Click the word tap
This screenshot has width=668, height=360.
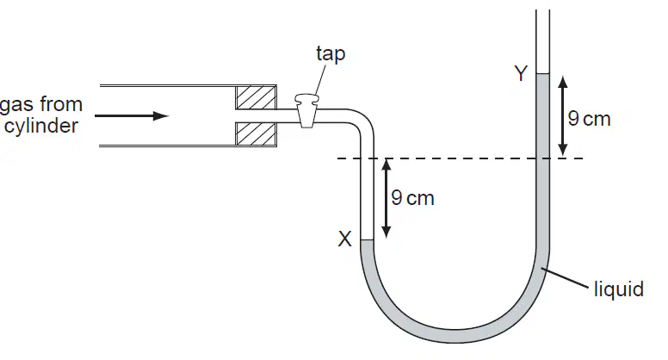pyautogui.click(x=331, y=54)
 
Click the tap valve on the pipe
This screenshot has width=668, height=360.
pyautogui.click(x=306, y=110)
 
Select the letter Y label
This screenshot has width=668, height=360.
pyautogui.click(x=521, y=73)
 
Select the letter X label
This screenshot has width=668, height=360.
pyautogui.click(x=344, y=239)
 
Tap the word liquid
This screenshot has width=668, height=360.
pyautogui.click(x=619, y=289)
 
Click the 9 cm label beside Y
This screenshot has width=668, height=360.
pyautogui.click(x=589, y=119)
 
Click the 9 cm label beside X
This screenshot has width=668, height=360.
pyautogui.click(x=412, y=198)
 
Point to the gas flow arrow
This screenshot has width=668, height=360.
pyautogui.click(x=132, y=116)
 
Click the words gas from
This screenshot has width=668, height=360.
pyautogui.click(x=41, y=105)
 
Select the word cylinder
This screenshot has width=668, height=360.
pyautogui.click(x=41, y=126)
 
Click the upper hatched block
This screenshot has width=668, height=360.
pyautogui.click(x=256, y=97)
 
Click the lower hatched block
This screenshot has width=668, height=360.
pyautogui.click(x=256, y=134)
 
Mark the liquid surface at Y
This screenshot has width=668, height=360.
pyautogui.click(x=542, y=74)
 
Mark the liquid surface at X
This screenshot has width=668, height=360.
pyautogui.click(x=367, y=240)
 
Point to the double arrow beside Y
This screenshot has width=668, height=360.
pyautogui.click(x=563, y=116)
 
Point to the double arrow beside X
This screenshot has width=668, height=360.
pyautogui.click(x=386, y=198)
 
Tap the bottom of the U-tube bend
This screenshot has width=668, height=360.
pyautogui.click(x=455, y=336)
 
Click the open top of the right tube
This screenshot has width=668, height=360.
pyautogui.click(x=542, y=10)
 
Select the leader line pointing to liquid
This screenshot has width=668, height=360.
pyautogui.click(x=566, y=278)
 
